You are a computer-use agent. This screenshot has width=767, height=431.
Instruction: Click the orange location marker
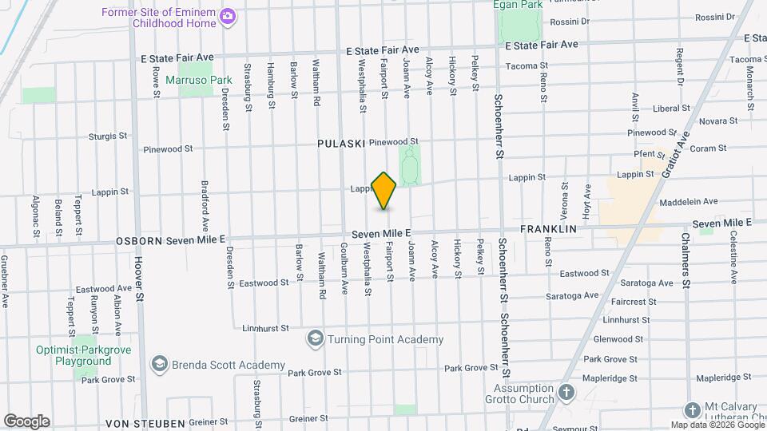pyautogui.click(x=384, y=191)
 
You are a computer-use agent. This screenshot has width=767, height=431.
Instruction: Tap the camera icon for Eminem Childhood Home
pyautogui.click(x=228, y=16)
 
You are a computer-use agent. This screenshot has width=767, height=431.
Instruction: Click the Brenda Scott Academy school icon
pyautogui.click(x=160, y=365)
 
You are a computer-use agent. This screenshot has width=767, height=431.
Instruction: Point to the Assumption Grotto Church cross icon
pyautogui.click(x=566, y=393)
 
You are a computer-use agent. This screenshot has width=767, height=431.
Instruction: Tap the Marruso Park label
pyautogui.click(x=198, y=80)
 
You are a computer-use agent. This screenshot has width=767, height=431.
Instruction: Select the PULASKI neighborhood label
pyautogui.click(x=340, y=144)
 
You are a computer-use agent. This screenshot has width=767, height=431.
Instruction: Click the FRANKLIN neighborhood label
pyautogui.click(x=548, y=229)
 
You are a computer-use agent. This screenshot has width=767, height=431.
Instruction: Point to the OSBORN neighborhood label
pyautogui.click(x=139, y=240)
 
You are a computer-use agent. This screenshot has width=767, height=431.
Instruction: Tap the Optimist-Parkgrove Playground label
pyautogui.click(x=74, y=355)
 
